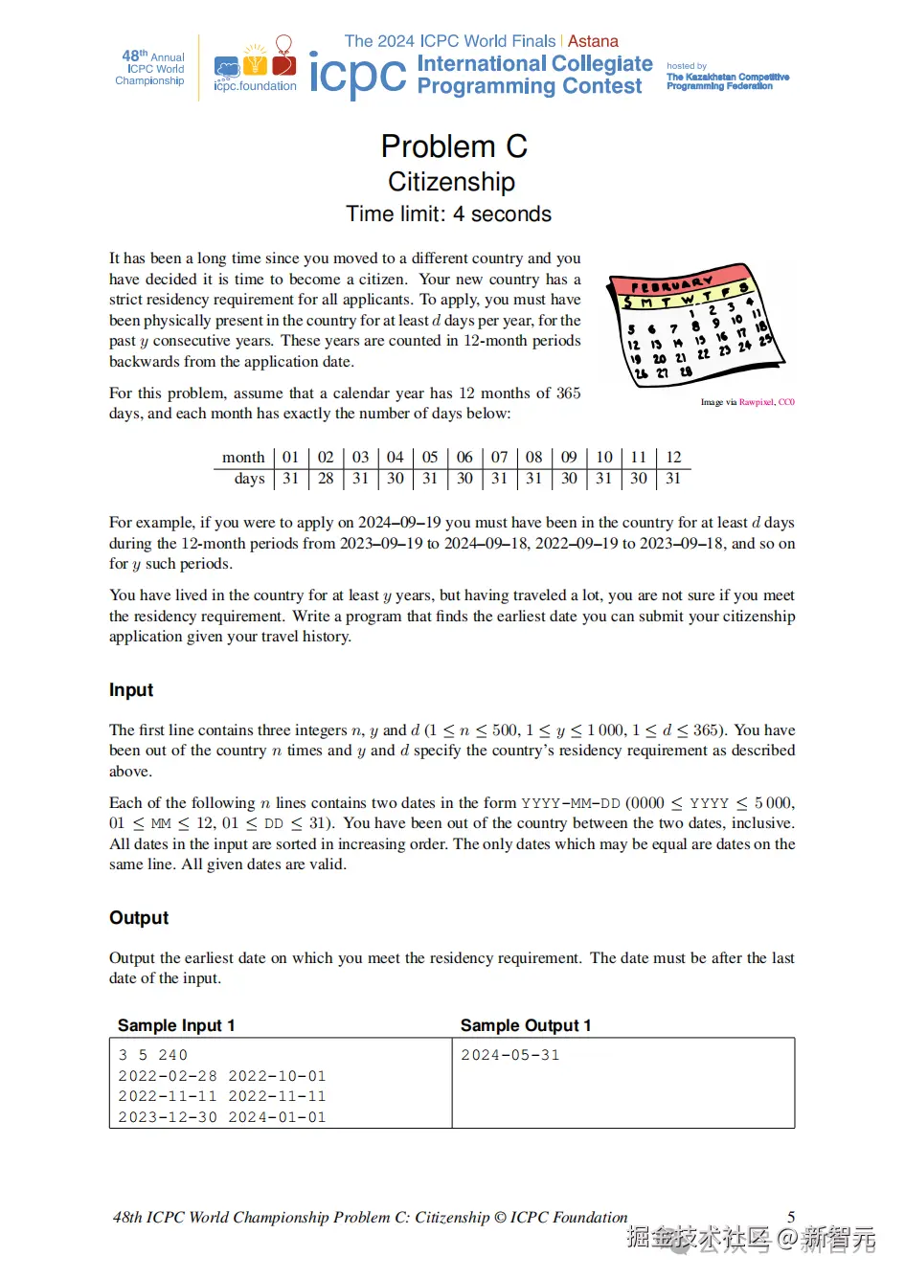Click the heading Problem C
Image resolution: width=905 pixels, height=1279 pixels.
453,146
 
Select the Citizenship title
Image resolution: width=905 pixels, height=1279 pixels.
451,182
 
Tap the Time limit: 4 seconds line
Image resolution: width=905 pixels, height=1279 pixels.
448,214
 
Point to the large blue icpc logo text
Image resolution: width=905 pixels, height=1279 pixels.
357,74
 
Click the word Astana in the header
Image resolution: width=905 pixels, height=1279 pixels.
593,41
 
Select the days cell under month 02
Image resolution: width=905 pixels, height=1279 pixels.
326,479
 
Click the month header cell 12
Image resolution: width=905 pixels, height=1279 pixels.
673,458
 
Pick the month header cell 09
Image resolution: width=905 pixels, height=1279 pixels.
569,458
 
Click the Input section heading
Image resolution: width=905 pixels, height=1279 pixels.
131,690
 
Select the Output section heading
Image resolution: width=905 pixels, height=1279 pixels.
139,918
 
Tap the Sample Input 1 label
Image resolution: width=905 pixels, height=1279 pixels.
176,1025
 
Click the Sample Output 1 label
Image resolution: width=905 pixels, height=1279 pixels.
526,1025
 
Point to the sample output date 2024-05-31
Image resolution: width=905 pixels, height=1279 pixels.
510,1055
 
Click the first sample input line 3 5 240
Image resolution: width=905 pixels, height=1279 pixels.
153,1055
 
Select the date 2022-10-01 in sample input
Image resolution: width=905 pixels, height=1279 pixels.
277,1076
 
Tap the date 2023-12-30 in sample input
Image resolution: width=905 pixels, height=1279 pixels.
168,1117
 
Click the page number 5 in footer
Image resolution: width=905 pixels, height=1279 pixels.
791,1217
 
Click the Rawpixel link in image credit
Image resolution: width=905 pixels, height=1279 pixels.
756,402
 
